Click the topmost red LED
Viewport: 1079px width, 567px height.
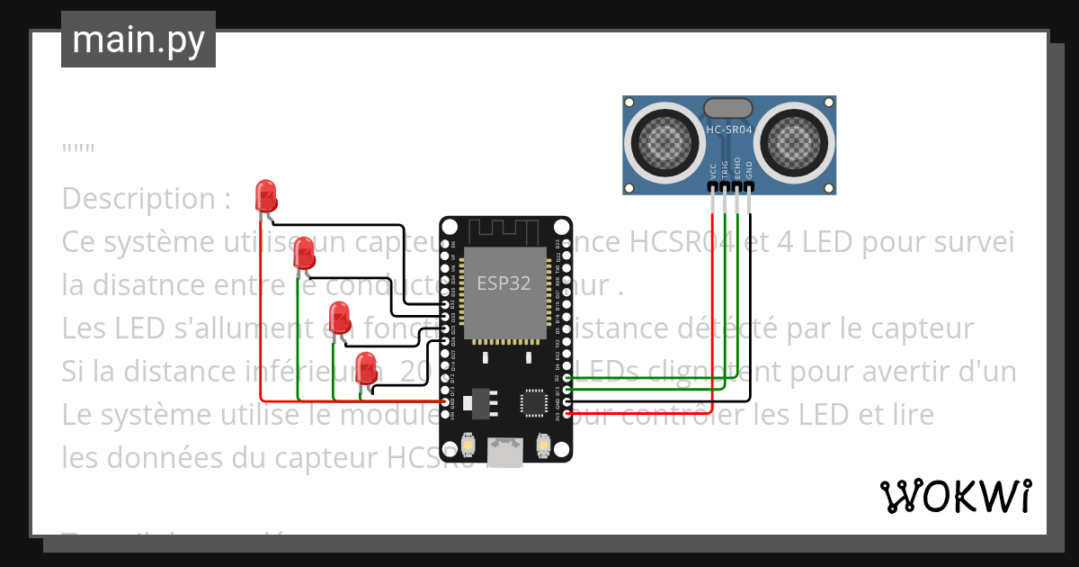pos(265,195)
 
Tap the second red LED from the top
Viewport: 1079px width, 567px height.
pos(305,252)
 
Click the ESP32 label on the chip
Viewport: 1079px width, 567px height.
pos(504,283)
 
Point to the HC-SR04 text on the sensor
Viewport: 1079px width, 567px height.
pos(729,130)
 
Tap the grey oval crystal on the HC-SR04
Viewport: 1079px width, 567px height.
pos(728,108)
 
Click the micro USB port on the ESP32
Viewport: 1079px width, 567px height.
pos(504,451)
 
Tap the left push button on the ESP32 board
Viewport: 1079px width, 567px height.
pos(468,444)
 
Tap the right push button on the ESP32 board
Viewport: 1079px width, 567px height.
pos(542,444)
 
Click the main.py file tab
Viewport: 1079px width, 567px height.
pos(138,40)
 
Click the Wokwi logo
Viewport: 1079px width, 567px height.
pos(955,496)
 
